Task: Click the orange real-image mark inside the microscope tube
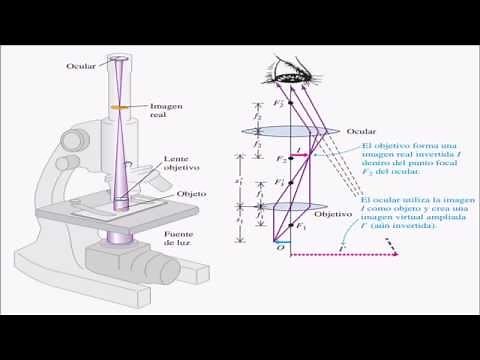point(119,106)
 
